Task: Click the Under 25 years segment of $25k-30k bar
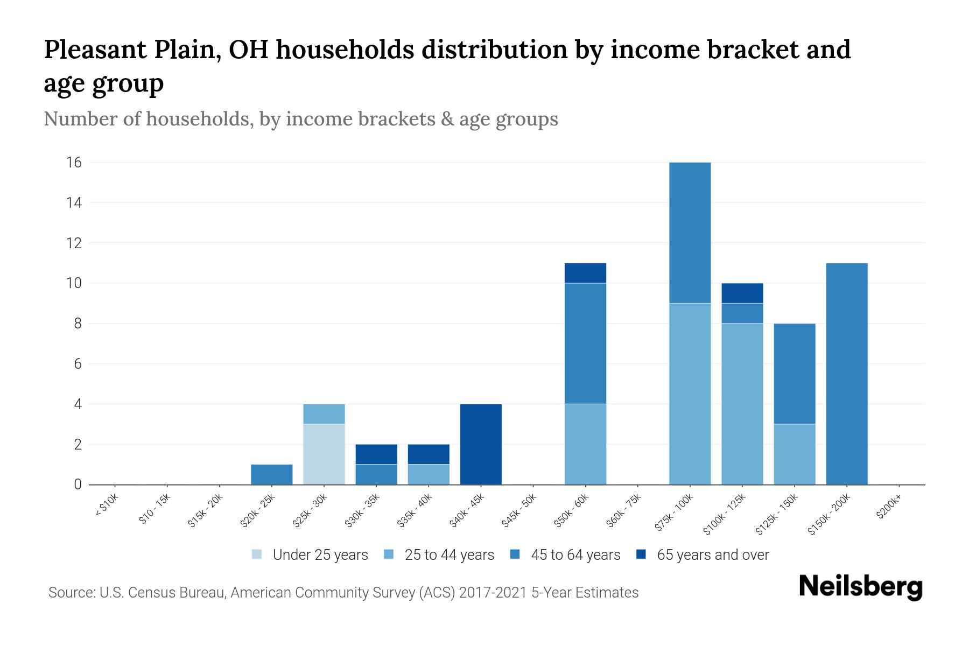[x=324, y=454]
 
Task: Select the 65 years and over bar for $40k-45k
[x=481, y=444]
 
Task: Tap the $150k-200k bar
[x=846, y=374]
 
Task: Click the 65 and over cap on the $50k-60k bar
[x=585, y=273]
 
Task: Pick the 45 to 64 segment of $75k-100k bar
[x=690, y=233]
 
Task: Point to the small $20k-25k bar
[x=271, y=474]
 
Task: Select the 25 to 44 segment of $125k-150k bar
[x=794, y=454]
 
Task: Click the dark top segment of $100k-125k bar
[x=742, y=293]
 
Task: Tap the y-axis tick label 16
[x=74, y=163]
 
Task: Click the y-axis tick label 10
[x=74, y=283]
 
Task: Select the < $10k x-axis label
[x=107, y=507]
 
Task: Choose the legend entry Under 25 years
[x=320, y=555]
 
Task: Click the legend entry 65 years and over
[x=712, y=555]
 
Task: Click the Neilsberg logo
[x=860, y=587]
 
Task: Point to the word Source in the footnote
[x=71, y=593]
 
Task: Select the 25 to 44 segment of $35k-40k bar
[x=429, y=474]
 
